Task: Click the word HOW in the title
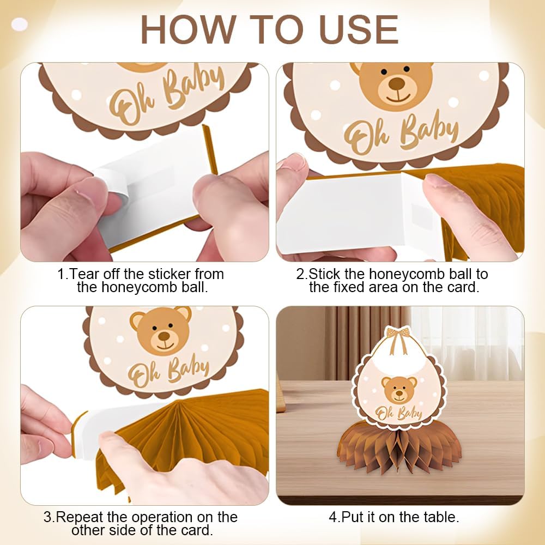click(x=187, y=29)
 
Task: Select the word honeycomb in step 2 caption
click(x=406, y=274)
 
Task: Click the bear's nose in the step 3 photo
click(x=164, y=336)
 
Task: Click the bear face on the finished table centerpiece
click(x=399, y=390)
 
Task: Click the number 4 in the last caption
click(x=333, y=517)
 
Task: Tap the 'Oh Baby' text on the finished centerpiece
click(x=399, y=413)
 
